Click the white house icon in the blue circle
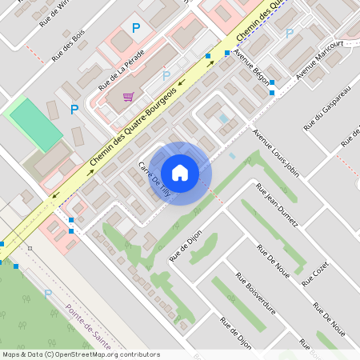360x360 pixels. (x=180, y=173)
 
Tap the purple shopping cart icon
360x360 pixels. (x=128, y=97)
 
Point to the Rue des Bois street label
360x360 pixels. (x=68, y=46)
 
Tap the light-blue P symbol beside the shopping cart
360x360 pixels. (x=166, y=76)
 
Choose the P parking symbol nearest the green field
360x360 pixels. (x=74, y=110)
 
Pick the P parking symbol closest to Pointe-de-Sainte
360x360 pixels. (x=47, y=294)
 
